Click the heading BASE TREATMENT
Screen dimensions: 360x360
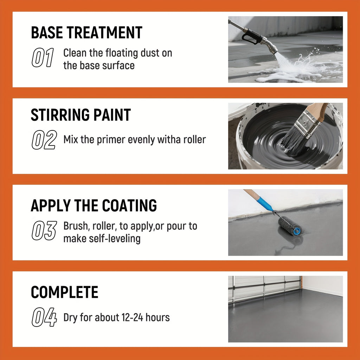pyautogui.click(x=86, y=33)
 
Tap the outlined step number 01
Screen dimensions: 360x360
pyautogui.click(x=43, y=57)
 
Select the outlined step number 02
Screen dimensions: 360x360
pyautogui.click(x=44, y=140)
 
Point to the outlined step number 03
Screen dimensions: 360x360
pyautogui.click(x=44, y=230)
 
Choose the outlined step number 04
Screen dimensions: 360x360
pyautogui.click(x=44, y=317)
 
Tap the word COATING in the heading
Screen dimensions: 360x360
pyautogui.click(x=129, y=205)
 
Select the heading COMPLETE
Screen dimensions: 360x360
pyautogui.click(x=65, y=292)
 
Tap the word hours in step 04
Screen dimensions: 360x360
pyautogui.click(x=158, y=317)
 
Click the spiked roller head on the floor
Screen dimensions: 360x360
pyautogui.click(x=290, y=226)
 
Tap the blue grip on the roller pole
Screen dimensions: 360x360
pyautogui.click(x=264, y=203)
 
